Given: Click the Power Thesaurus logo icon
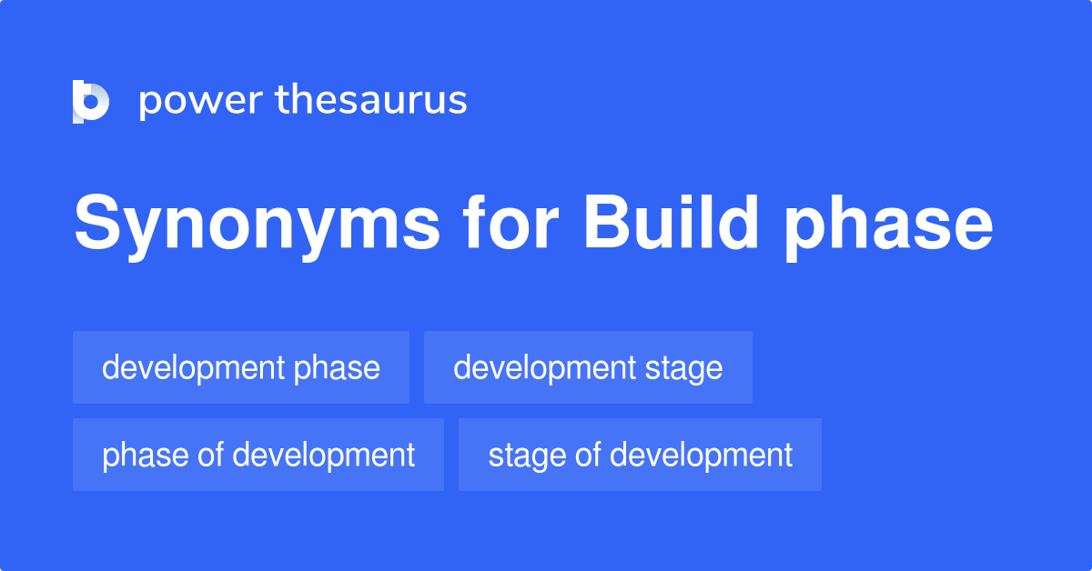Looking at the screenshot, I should coord(91,101).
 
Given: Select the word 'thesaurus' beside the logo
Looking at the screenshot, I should coord(371,101).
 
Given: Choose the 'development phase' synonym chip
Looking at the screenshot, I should coord(241,367).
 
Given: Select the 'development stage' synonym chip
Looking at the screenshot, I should coord(588,367).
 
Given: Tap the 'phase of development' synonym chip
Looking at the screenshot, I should coord(258,455).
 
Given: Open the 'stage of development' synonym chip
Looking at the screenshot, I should coord(640,455).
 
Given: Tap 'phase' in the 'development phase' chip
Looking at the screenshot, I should coord(337,367).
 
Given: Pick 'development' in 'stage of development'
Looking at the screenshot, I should coord(701,455).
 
